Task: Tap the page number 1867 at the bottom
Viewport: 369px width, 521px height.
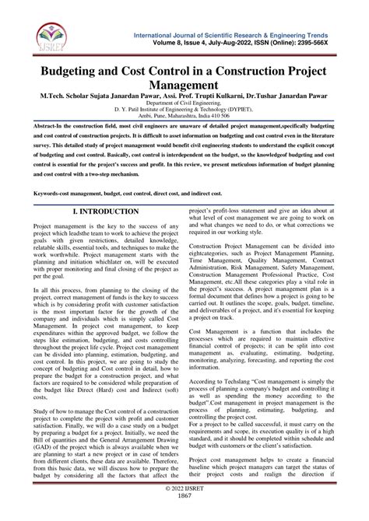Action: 184,515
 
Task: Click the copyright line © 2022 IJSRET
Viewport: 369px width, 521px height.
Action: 184,506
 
